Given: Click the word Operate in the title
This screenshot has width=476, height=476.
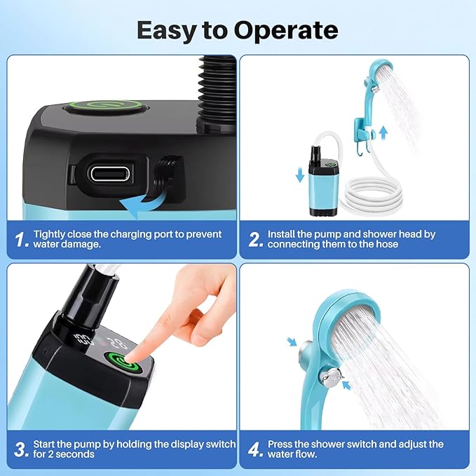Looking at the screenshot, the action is pyautogui.click(x=285, y=30).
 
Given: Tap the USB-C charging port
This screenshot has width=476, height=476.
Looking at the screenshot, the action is pyautogui.click(x=111, y=174).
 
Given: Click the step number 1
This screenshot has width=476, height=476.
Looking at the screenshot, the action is pyautogui.click(x=22, y=240).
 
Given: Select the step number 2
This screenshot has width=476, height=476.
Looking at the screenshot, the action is pyautogui.click(x=256, y=240).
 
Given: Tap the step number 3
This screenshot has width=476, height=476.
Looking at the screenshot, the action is pyautogui.click(x=22, y=449).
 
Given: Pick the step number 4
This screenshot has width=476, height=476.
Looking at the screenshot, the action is pyautogui.click(x=254, y=449).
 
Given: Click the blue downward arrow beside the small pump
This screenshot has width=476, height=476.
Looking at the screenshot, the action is pyautogui.click(x=300, y=175).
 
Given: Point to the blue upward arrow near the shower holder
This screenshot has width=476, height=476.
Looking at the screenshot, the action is pyautogui.click(x=383, y=133).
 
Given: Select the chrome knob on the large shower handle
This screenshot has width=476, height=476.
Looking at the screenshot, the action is pyautogui.click(x=331, y=376).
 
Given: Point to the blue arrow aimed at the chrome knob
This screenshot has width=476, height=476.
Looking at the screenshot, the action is pyautogui.click(x=347, y=386).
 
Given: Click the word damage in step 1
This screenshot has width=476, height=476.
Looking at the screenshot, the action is pyautogui.click(x=82, y=245).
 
